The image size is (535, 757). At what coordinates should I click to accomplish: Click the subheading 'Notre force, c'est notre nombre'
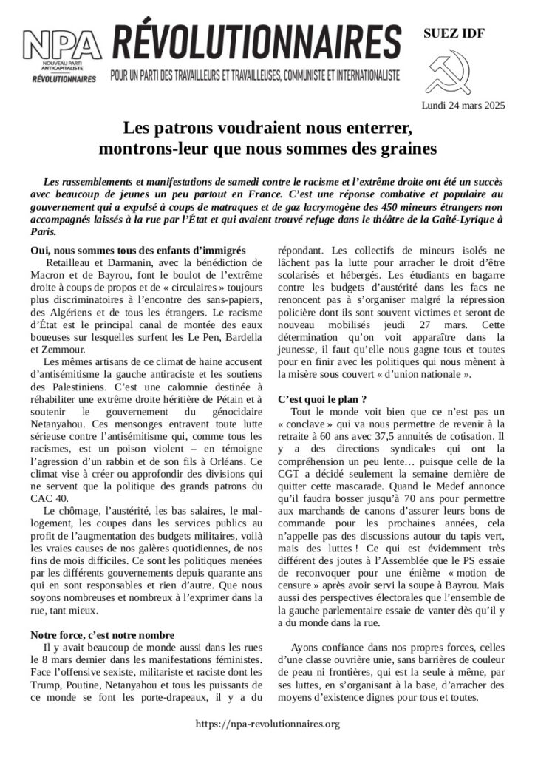click(x=102, y=635)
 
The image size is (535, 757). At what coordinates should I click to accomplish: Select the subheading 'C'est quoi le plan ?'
click(x=323, y=399)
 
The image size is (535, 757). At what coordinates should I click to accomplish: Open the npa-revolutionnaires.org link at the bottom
click(x=267, y=724)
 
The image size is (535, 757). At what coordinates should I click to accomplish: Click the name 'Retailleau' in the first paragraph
click(x=72, y=262)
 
